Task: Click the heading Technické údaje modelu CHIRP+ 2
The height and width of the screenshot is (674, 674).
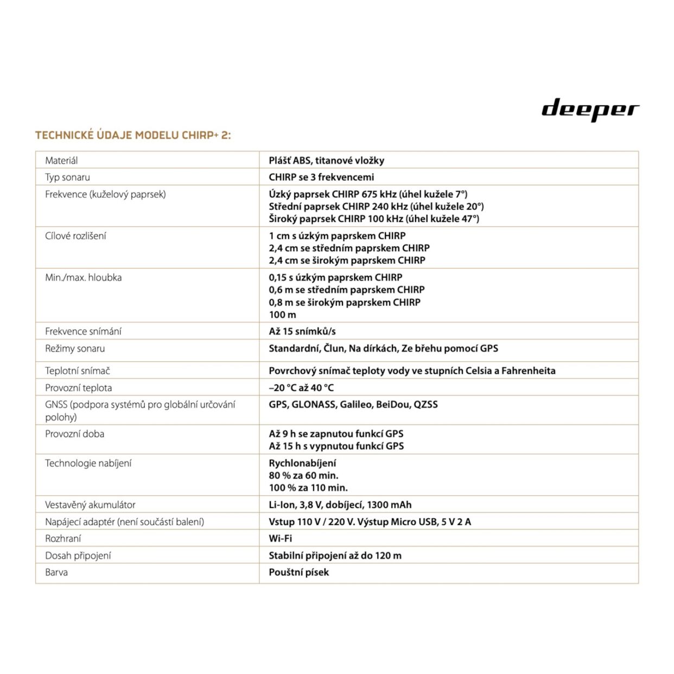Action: [133, 135]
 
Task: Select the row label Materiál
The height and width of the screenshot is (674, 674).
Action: [61, 160]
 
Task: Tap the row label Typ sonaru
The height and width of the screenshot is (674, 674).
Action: [67, 177]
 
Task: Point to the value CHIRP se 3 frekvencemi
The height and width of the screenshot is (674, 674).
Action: [321, 177]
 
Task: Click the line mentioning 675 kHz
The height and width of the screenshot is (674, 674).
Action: [368, 194]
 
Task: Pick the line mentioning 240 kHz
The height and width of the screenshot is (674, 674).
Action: [376, 206]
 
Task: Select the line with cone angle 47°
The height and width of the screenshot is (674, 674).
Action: [374, 219]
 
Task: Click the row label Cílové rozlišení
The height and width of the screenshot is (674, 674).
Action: [75, 236]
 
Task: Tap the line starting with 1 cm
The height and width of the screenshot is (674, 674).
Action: [337, 236]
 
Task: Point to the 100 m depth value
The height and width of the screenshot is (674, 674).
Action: [282, 315]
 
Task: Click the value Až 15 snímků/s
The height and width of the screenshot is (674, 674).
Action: [302, 331]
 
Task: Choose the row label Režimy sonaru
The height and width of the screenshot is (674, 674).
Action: [75, 348]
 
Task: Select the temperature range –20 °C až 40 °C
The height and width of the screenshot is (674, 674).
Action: [301, 387]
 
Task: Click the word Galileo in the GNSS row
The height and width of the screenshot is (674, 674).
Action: [356, 404]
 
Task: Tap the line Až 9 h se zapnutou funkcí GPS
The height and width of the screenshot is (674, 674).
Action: [336, 434]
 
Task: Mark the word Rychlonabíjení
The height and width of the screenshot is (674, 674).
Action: [302, 463]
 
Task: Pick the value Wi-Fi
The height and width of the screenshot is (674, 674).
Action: [280, 538]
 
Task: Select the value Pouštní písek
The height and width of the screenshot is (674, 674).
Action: [298, 572]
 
